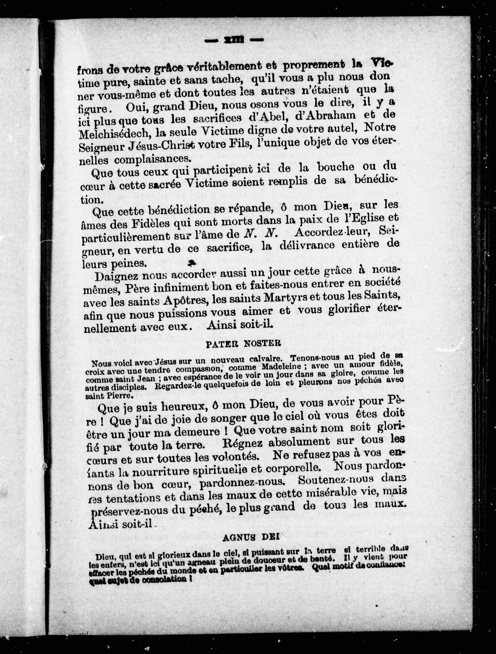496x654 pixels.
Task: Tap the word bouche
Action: pos(336,167)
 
